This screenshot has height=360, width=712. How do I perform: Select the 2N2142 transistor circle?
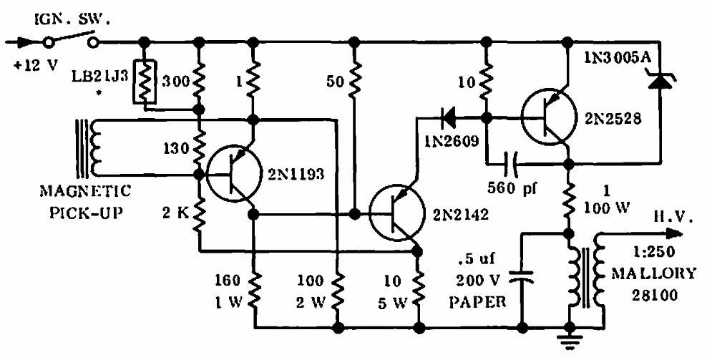(x=397, y=212)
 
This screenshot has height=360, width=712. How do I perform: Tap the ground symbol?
(x=568, y=339)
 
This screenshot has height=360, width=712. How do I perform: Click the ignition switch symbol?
(x=71, y=40)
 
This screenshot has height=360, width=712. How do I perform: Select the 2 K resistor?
(x=198, y=213)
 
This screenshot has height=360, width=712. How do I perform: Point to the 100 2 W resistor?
(x=337, y=291)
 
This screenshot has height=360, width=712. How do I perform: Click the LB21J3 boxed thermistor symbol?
(x=145, y=82)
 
